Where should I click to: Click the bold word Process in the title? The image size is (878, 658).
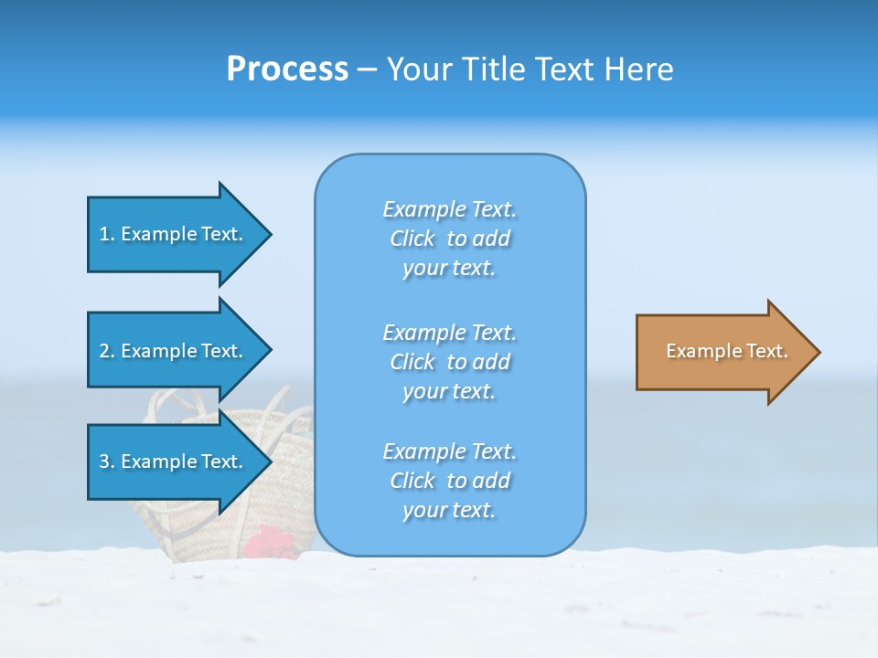point(287,69)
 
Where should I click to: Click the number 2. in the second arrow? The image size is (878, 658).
point(107,351)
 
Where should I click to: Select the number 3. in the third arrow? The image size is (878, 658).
point(107,462)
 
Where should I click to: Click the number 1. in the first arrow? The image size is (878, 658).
point(107,234)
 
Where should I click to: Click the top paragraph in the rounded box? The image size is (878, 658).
point(450,239)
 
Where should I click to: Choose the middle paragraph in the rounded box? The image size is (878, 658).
point(450,362)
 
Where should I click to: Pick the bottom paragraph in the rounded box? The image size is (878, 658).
point(450,481)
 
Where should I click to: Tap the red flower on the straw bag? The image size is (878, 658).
point(270,542)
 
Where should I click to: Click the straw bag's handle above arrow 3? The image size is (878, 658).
point(174,402)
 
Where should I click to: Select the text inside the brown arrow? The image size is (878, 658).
point(726,351)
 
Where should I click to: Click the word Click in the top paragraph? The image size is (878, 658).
point(412,239)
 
